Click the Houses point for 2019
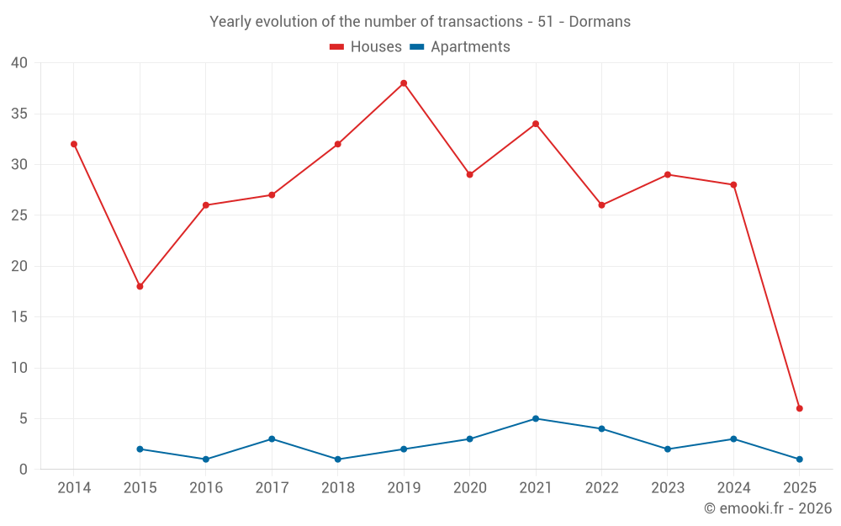click(x=404, y=83)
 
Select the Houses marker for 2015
click(x=140, y=286)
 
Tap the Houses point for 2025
click(x=799, y=408)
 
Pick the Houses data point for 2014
click(x=74, y=144)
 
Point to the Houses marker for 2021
click(x=535, y=124)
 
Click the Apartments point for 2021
click(x=535, y=418)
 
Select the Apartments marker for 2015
click(x=140, y=449)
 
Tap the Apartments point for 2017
click(x=272, y=438)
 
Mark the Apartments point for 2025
click(x=799, y=459)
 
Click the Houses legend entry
click(x=366, y=47)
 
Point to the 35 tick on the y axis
click(x=19, y=114)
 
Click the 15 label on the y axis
click(x=19, y=317)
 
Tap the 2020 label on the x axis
click(x=469, y=488)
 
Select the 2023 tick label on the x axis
click(x=668, y=488)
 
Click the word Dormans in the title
click(x=600, y=22)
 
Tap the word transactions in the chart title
click(x=480, y=22)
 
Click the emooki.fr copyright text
click(x=768, y=508)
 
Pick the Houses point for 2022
click(x=601, y=205)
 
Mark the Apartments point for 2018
click(x=337, y=459)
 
